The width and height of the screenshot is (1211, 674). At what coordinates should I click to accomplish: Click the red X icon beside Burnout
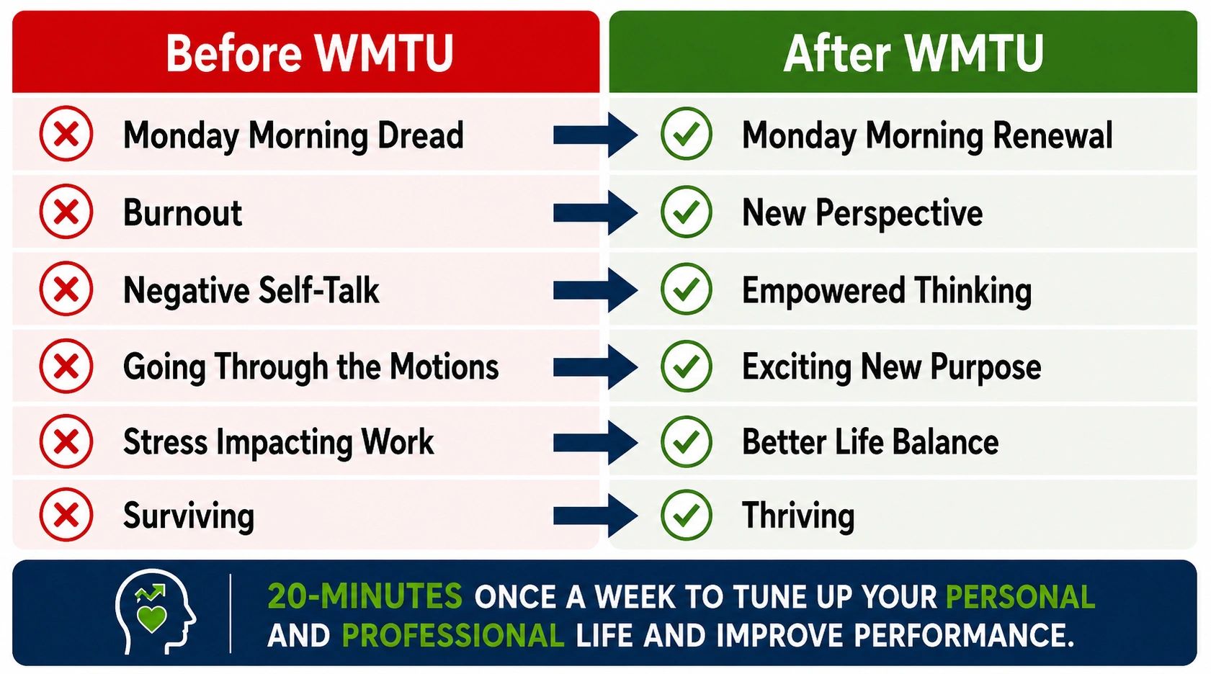click(x=66, y=211)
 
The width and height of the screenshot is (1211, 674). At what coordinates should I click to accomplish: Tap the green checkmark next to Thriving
click(x=686, y=515)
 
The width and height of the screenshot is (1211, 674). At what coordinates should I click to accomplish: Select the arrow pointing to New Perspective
click(x=595, y=212)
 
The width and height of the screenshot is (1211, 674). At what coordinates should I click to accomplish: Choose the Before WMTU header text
click(x=309, y=53)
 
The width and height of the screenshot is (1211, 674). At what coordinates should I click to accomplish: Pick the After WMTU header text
click(x=913, y=53)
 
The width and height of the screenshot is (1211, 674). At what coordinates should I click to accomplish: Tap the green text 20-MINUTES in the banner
click(x=365, y=597)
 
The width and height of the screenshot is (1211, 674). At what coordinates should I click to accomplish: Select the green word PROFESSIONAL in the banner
click(x=453, y=635)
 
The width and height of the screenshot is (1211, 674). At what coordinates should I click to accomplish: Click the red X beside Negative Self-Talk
click(x=66, y=289)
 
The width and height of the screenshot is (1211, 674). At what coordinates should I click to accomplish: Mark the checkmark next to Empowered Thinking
click(x=686, y=289)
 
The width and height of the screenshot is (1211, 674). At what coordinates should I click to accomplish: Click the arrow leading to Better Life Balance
click(x=595, y=442)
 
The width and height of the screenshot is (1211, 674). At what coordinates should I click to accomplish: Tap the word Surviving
click(x=189, y=516)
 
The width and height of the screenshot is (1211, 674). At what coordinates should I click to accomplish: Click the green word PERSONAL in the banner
click(x=1020, y=597)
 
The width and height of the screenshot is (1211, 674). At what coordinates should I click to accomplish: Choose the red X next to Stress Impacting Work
click(x=66, y=441)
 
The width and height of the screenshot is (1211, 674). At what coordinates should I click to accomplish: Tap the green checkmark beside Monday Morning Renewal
click(x=686, y=133)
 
